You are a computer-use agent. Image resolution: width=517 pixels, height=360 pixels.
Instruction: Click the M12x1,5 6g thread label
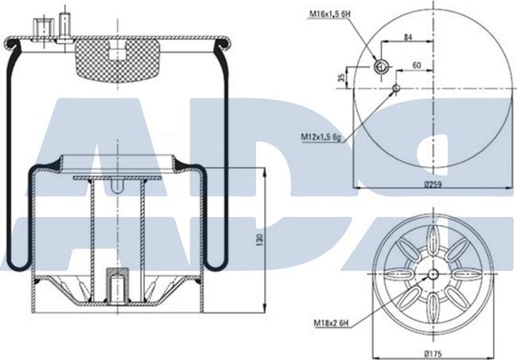click(x=322, y=137)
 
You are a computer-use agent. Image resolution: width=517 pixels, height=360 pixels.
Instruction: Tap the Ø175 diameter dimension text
click(x=432, y=352)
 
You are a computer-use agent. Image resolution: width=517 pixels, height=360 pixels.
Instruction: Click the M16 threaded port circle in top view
click(x=382, y=65)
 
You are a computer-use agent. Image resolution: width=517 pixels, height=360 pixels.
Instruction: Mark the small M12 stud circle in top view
click(x=395, y=87)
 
